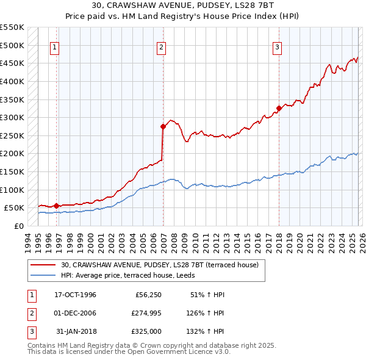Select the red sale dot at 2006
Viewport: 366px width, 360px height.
click(x=163, y=127)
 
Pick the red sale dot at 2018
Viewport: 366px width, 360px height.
click(x=279, y=109)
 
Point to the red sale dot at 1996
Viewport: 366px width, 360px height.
click(x=57, y=206)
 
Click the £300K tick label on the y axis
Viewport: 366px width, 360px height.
click(x=12, y=117)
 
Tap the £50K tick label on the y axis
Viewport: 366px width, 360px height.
click(x=15, y=208)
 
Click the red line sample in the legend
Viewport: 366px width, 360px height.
click(x=43, y=265)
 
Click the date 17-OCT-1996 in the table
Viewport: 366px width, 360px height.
click(x=75, y=295)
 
